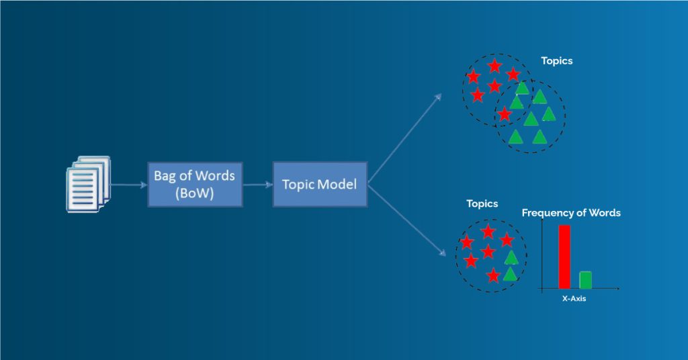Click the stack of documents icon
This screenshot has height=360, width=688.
[x=88, y=184]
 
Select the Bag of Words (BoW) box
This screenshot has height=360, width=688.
[x=195, y=185]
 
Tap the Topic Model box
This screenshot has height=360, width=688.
[x=320, y=185]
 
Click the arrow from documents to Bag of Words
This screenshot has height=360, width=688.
[x=128, y=185]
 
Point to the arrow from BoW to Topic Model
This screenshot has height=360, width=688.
[x=257, y=185]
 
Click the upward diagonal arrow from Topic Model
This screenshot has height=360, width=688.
[x=404, y=138]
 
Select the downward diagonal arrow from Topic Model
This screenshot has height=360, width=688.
[x=406, y=220]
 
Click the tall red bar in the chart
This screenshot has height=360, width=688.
[x=564, y=257]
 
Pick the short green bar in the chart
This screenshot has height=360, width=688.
[x=585, y=280]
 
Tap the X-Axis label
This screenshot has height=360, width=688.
[x=574, y=299]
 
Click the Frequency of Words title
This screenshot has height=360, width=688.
[x=571, y=213]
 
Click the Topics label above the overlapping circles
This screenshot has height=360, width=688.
[x=556, y=61]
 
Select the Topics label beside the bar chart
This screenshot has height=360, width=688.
[x=482, y=204]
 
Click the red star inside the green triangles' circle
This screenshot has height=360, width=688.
[x=505, y=114]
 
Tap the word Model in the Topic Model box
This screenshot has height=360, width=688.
[x=337, y=185]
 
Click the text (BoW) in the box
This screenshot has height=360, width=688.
[x=194, y=193]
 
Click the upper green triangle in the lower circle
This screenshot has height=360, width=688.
[x=511, y=257]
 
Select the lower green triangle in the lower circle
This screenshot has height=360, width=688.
[x=509, y=274]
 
